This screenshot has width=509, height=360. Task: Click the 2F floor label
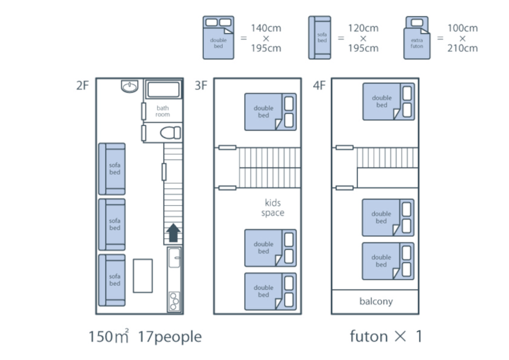(83, 86)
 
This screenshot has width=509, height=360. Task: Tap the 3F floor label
(201, 86)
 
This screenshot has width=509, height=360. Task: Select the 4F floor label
(319, 86)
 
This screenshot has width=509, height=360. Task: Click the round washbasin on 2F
(129, 86)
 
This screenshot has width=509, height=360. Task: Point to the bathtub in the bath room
(163, 90)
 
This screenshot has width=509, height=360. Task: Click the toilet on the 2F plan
(170, 133)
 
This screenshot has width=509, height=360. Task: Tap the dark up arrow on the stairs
(173, 233)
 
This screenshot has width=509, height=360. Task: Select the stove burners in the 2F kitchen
(175, 301)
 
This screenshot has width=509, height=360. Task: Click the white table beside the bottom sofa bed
(143, 276)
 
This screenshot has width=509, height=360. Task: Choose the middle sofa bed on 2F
(112, 224)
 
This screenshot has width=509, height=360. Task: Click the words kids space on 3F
(273, 208)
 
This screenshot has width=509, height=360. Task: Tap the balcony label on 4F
(376, 301)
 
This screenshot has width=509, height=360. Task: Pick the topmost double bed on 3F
(270, 112)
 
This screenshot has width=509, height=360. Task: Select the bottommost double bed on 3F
(270, 291)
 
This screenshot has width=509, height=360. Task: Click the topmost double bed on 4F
(389, 102)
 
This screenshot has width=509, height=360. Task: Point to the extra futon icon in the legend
(417, 37)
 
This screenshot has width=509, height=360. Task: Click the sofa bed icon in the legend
(320, 37)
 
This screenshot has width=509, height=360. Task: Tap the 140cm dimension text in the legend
(266, 28)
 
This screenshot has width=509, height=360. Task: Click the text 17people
(170, 337)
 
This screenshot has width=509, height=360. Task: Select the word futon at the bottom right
(369, 336)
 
